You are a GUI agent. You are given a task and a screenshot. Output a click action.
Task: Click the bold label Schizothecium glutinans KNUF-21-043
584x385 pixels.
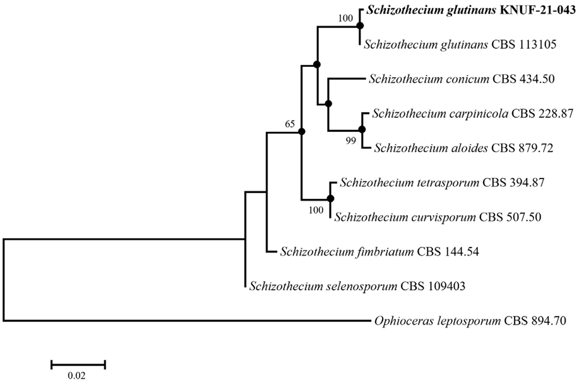coord(472,11)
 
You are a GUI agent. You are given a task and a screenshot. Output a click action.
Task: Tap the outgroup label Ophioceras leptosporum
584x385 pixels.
coord(469,321)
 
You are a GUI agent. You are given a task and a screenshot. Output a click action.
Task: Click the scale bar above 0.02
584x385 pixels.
coord(78,364)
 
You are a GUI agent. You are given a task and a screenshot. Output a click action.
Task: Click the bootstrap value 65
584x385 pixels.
coord(290,124)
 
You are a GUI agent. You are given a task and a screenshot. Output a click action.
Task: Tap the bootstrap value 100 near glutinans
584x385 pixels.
coord(346,18)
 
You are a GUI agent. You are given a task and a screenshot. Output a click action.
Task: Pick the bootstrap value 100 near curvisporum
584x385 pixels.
coord(315,210)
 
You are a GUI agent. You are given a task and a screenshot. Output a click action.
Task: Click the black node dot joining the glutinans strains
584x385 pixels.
coord(360,26)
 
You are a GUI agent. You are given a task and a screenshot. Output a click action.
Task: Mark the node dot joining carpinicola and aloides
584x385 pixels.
coord(362,129)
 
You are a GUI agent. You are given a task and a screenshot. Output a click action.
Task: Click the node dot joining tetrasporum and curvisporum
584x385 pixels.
coord(330,199)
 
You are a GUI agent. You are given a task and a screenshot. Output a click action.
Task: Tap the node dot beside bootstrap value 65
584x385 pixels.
coord(301,131)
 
